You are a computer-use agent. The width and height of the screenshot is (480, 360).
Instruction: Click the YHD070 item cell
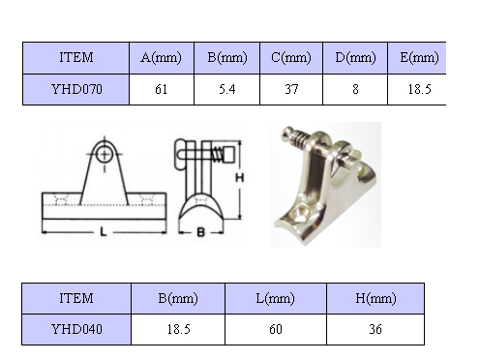click(76, 89)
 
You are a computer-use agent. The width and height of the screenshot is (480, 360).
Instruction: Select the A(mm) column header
click(162, 58)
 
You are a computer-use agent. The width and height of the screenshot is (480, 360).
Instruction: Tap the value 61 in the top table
click(162, 89)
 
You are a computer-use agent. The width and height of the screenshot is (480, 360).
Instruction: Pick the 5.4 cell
click(226, 89)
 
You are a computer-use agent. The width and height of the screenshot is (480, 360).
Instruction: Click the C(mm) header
click(291, 58)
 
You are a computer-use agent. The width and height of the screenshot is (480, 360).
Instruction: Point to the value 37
click(291, 89)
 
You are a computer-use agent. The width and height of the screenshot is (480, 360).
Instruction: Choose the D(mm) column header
click(355, 58)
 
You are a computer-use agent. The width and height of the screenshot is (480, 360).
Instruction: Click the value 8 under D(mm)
click(355, 89)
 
